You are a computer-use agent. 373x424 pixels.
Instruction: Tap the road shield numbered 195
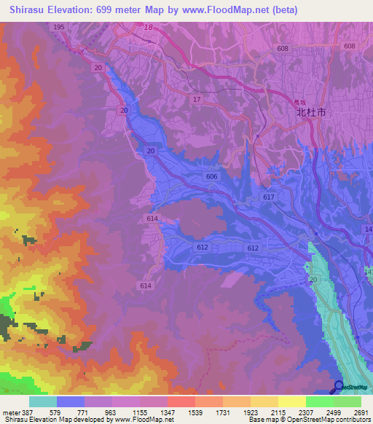pos(59,27)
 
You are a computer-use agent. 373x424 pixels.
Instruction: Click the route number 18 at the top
pos(149,27)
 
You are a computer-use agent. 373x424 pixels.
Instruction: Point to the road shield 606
pos(211,177)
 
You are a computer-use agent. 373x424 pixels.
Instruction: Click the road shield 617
pos(269,197)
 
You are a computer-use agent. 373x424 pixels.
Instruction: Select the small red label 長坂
pos(299,102)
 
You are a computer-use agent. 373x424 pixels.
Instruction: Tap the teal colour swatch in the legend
pos(43,401)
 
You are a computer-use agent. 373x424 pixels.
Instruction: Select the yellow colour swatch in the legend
pos(291,401)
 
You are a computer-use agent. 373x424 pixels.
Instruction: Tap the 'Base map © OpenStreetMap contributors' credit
pos(309,420)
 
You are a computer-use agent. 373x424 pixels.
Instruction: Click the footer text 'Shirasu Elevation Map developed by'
pos(62,420)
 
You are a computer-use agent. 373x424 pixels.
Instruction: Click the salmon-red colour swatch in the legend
pos(181,401)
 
